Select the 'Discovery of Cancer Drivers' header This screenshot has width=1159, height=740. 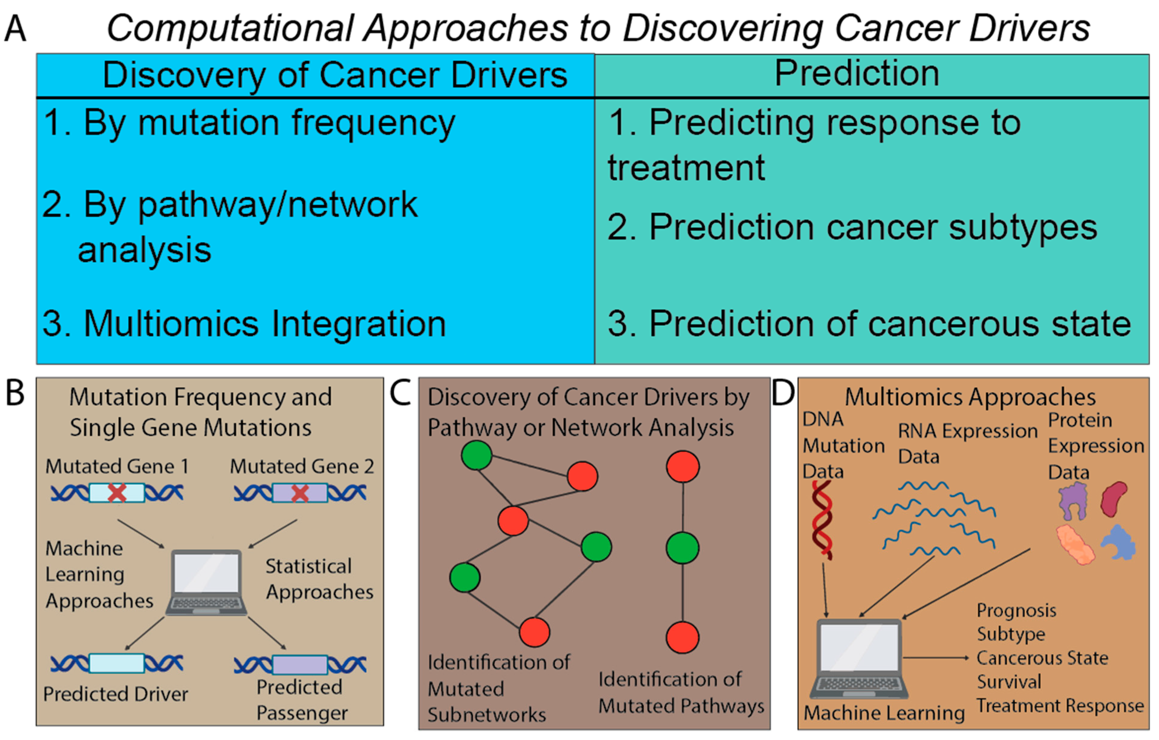point(335,76)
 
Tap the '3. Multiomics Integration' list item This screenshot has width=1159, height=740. point(244,323)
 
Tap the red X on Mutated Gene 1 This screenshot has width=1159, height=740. point(117,493)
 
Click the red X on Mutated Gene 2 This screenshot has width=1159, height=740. point(300,493)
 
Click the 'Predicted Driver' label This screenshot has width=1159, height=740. point(116,694)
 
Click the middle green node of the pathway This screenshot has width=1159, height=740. point(683,548)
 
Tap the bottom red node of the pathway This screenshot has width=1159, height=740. point(683,637)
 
